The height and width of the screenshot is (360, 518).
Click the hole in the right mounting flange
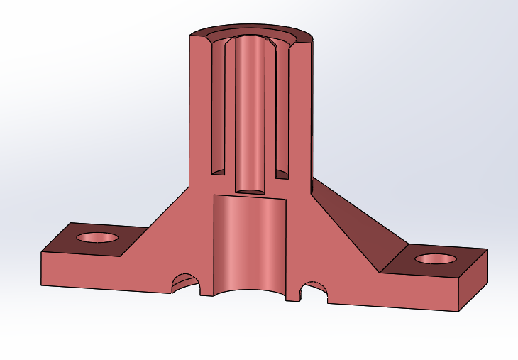tap(436, 258)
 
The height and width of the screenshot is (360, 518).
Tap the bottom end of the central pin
tap(249, 190)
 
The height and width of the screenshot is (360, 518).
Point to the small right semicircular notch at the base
tap(313, 290)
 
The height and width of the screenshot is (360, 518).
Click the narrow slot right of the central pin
tap(281, 107)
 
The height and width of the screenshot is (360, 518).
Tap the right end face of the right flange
tap(473, 280)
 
